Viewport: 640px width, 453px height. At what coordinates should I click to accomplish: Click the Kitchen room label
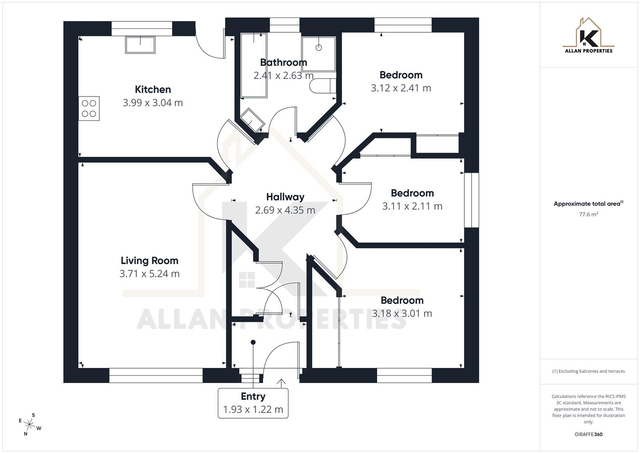(x=153, y=89)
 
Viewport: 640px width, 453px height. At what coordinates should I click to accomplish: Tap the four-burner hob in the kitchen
(x=89, y=108)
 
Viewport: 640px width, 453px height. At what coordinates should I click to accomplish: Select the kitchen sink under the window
(x=140, y=44)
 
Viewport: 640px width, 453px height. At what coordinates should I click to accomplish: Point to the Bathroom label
(x=283, y=62)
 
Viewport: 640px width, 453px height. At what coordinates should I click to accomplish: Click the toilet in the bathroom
(x=322, y=86)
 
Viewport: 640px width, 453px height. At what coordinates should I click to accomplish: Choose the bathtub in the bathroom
(x=254, y=65)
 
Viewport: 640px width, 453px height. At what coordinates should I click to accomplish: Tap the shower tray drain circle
(x=319, y=48)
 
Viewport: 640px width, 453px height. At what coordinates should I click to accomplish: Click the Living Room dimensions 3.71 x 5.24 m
(x=149, y=274)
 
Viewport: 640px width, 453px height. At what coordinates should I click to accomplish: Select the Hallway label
(x=285, y=197)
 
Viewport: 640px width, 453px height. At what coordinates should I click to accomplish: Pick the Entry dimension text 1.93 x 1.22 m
(x=253, y=409)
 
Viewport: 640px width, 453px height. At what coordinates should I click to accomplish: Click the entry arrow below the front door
(x=281, y=383)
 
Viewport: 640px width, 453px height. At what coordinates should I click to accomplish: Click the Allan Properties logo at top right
(x=588, y=36)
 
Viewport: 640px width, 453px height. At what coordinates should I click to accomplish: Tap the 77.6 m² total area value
(x=588, y=214)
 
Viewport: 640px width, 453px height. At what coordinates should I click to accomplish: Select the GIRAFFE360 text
(x=588, y=435)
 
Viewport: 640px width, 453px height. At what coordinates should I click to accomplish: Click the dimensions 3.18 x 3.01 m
(x=402, y=313)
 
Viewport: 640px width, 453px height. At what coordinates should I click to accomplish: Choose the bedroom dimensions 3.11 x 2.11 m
(x=412, y=206)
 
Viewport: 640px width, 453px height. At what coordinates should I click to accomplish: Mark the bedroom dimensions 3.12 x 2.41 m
(x=401, y=88)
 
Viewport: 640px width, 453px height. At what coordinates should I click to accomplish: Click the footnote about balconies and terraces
(x=588, y=371)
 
